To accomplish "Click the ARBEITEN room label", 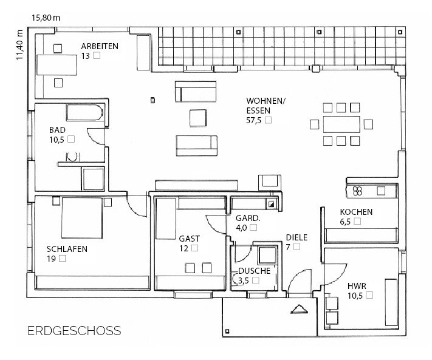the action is [100, 46].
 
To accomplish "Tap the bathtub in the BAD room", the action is [85, 112].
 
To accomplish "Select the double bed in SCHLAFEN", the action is [82, 218].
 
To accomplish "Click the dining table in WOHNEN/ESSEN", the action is [341, 124].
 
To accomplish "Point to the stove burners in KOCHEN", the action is [357, 191].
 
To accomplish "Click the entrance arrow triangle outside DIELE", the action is [299, 309].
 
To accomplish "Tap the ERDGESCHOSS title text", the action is [74, 330].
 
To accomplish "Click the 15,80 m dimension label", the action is [46, 18].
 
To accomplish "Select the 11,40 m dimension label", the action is [19, 44].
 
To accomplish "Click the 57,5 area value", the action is [253, 120].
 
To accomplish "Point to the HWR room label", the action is [357, 286].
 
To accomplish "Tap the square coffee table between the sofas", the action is [198, 118].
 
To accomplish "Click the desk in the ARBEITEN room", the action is [57, 65].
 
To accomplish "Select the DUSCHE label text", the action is [254, 271].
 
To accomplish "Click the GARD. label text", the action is [248, 219].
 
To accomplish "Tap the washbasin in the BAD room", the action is [72, 157].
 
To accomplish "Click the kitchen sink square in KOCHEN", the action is [381, 191].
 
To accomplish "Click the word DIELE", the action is [297, 237].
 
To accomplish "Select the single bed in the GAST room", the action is [166, 219].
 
